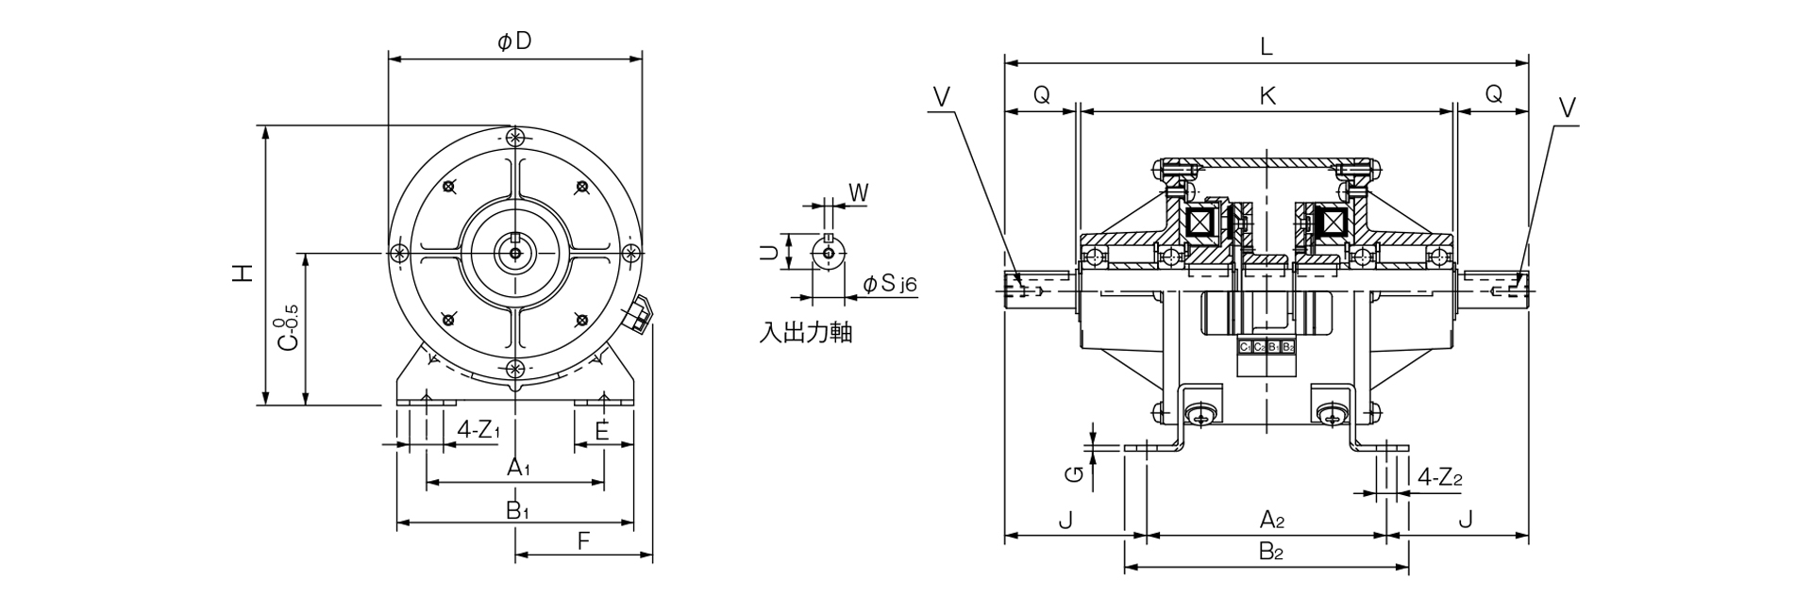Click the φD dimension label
click(x=514, y=41)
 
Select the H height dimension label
click(x=243, y=273)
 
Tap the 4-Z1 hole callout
click(x=478, y=430)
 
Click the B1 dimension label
click(x=516, y=510)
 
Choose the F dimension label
click(x=583, y=541)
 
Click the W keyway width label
click(x=858, y=192)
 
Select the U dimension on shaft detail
click(x=769, y=253)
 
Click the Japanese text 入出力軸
click(x=805, y=333)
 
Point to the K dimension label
click(x=1267, y=95)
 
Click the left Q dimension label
click(x=1040, y=94)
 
